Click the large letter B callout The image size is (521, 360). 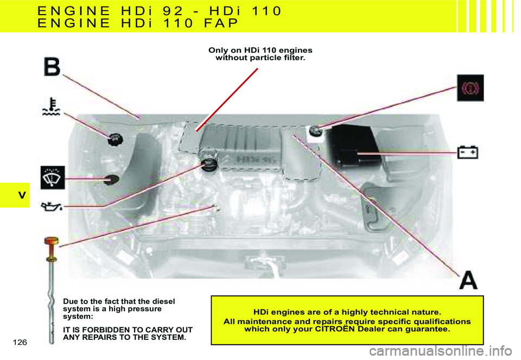(52, 67)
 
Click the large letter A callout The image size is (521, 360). (468, 281)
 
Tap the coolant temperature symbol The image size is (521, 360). (52, 106)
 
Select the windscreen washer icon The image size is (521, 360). (53, 178)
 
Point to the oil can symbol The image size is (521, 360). (51, 207)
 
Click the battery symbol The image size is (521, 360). (468, 152)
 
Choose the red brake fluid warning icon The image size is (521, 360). (470, 88)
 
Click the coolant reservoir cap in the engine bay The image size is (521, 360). (115, 139)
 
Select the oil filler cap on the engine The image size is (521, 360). (209, 165)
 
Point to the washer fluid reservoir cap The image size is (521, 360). (111, 180)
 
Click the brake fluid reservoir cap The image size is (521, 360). (315, 131)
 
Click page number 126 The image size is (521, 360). (20, 343)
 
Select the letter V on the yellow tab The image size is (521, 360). (22, 195)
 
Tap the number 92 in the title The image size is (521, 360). (173, 11)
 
